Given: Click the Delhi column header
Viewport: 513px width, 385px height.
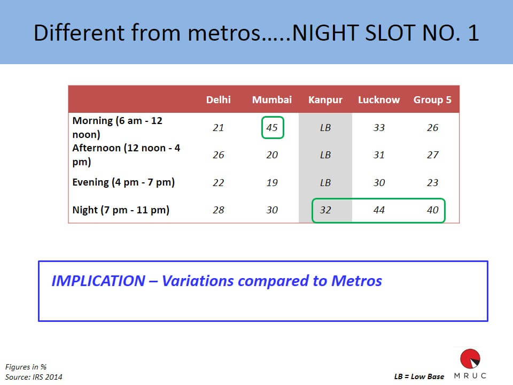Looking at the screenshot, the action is tap(218, 99).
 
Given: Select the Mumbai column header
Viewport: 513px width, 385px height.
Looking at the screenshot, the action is tap(272, 99).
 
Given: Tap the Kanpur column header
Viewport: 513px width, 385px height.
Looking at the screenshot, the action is tap(325, 100).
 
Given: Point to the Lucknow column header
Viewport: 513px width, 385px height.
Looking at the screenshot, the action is tap(379, 99).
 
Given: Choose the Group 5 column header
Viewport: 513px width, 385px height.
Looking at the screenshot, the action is tap(432, 100).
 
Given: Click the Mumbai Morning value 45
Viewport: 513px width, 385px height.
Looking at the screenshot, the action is tap(272, 127).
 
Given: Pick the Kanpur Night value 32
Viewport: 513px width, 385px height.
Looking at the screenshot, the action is tap(325, 210).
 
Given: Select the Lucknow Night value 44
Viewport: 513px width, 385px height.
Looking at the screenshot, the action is tap(379, 210).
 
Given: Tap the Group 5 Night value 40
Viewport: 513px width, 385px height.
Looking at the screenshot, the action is tap(432, 210).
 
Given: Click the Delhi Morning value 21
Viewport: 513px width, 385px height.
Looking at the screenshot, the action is tap(218, 127).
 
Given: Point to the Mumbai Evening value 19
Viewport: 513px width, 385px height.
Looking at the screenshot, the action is tap(272, 182).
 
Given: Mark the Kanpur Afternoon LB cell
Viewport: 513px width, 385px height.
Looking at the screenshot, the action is tap(325, 155).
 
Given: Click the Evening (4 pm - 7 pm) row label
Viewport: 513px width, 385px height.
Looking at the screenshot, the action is tap(123, 182).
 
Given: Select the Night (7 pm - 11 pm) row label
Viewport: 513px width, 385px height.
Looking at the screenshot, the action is tap(121, 210).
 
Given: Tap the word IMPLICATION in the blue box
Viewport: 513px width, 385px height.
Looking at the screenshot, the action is tap(98, 281).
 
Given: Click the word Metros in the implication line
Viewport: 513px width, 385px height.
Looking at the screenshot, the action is tap(356, 281).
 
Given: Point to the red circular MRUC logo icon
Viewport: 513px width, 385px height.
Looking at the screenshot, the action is tap(470, 359).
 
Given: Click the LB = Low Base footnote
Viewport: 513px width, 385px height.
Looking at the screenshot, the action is tap(419, 376).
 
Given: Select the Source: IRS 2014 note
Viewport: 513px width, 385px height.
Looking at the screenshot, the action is tap(34, 377).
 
